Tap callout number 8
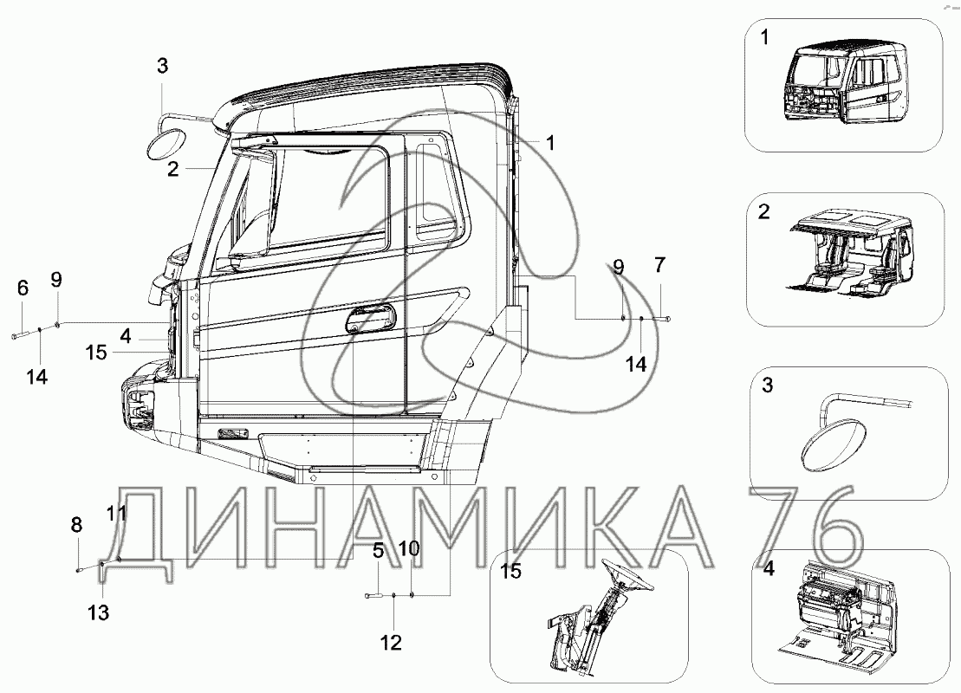point(77,524)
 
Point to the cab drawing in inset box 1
point(845,87)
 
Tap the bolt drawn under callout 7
point(667,321)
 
